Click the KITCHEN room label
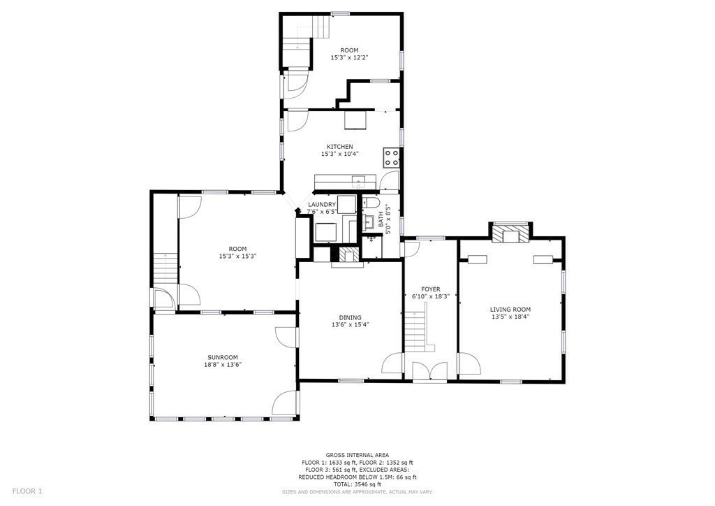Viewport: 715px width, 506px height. pos(339,147)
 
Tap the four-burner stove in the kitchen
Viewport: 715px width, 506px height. pos(391,157)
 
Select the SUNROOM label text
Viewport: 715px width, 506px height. pos(223,357)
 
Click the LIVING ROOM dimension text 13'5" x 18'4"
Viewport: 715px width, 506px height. pos(510,317)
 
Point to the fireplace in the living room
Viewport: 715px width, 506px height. pos(510,233)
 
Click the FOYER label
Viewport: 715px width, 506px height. pos(430,289)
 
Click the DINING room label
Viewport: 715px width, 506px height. pos(351,317)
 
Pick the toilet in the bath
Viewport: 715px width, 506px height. pos(370,203)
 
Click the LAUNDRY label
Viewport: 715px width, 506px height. pos(322,204)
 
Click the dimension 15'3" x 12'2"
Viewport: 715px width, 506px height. pos(349,57)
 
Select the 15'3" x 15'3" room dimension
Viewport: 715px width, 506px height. pos(237,256)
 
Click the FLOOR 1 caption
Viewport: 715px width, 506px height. pos(27,491)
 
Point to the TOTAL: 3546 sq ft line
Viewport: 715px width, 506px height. pos(357,484)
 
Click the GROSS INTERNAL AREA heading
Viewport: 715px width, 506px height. pos(357,455)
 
